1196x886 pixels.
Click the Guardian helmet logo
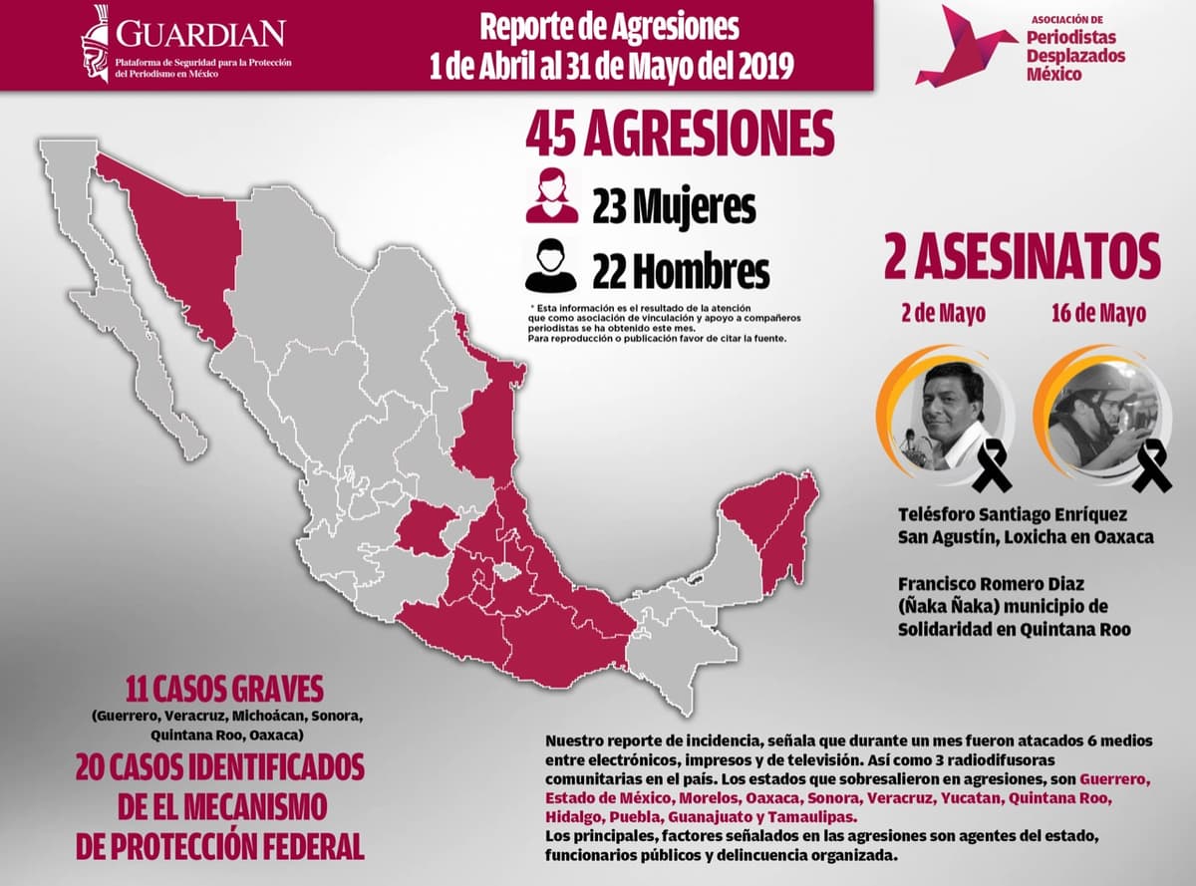coord(97,43)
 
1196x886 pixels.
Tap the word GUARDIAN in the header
coord(200,34)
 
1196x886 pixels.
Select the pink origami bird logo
coord(965,46)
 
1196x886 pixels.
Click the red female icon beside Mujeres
coord(552,195)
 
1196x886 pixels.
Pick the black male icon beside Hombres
coord(551,266)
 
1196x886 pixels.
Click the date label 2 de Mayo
coord(943,313)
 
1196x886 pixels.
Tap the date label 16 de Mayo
coord(1098,313)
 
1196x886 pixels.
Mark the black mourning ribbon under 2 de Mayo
coord(993,467)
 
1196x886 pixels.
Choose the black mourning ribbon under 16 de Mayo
coord(1152,465)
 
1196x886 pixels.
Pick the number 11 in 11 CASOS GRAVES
coord(142,690)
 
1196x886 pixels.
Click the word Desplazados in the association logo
coord(1075,56)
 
